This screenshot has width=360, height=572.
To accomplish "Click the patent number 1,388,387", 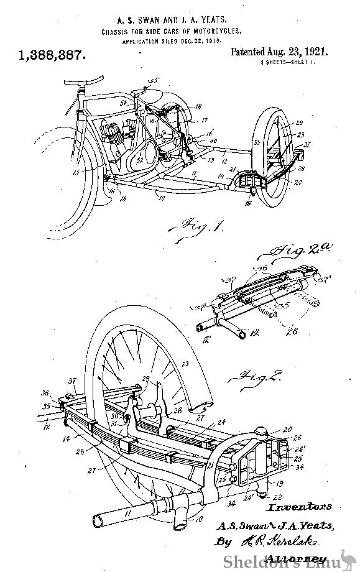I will tap(52, 55).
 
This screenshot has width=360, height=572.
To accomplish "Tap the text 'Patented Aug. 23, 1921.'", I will tap(279, 53).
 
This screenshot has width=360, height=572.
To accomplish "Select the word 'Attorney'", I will tap(304, 559).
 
